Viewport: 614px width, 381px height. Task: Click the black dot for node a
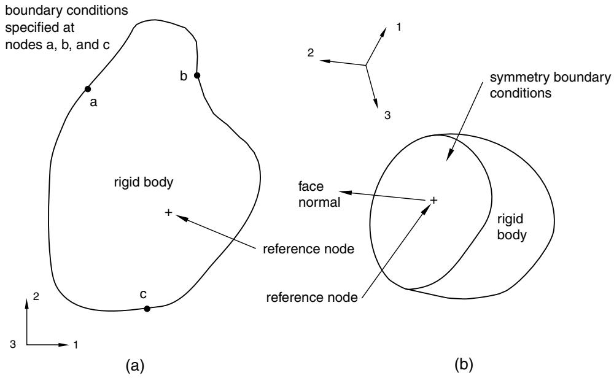click(88, 89)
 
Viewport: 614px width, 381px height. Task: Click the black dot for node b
click(197, 75)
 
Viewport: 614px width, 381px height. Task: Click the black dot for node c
click(147, 309)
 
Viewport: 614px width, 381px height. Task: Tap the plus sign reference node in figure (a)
click(168, 212)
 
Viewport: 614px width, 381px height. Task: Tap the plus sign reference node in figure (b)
click(433, 200)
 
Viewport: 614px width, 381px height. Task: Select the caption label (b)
click(464, 364)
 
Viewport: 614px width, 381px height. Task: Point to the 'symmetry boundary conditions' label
click(550, 85)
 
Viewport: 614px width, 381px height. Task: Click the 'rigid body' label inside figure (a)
click(144, 182)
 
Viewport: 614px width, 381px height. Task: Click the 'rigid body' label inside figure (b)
click(511, 227)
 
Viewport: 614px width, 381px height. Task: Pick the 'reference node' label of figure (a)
click(309, 248)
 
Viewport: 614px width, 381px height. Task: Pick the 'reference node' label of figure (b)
click(312, 298)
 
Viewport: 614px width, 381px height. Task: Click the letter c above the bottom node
click(143, 294)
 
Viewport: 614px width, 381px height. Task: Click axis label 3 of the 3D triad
click(387, 115)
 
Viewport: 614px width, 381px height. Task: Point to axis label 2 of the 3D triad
click(311, 53)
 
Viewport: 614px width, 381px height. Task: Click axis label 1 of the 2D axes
click(76, 345)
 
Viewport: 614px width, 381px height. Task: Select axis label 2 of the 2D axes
click(36, 296)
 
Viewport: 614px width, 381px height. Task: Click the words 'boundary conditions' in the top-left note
click(66, 10)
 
